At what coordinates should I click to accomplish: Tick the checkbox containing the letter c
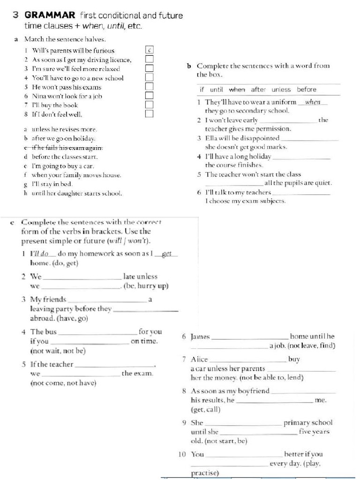[149, 50]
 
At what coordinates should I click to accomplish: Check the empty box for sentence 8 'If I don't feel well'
[149, 113]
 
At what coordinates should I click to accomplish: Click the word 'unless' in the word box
[281, 90]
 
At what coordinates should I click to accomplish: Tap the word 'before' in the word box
[307, 90]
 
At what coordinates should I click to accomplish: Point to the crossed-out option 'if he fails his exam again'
[66, 148]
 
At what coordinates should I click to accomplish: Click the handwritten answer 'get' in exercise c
[166, 254]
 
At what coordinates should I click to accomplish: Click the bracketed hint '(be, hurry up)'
[146, 286]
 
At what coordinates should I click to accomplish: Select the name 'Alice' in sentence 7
[199, 360]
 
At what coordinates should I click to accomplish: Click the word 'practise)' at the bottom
[205, 473]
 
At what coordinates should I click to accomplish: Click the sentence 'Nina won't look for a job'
[67, 96]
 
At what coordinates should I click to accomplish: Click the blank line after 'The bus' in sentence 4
[97, 332]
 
